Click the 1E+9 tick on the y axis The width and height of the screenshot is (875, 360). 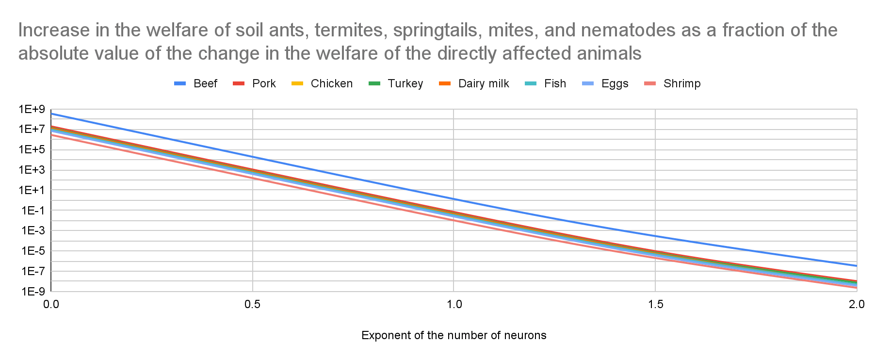tap(32, 109)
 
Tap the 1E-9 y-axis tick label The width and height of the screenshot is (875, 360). tap(32, 291)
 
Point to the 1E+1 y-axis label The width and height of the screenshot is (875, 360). tap(32, 190)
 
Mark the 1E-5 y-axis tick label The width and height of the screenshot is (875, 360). tap(32, 251)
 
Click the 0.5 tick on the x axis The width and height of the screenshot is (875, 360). tap(252, 305)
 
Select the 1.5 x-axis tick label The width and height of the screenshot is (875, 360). tap(655, 305)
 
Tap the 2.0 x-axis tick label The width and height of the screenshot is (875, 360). tap(857, 305)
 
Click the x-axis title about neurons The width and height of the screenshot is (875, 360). tap(454, 335)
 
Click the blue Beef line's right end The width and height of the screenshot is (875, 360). tap(856, 265)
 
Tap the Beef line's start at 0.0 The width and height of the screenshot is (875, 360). tap(52, 114)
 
